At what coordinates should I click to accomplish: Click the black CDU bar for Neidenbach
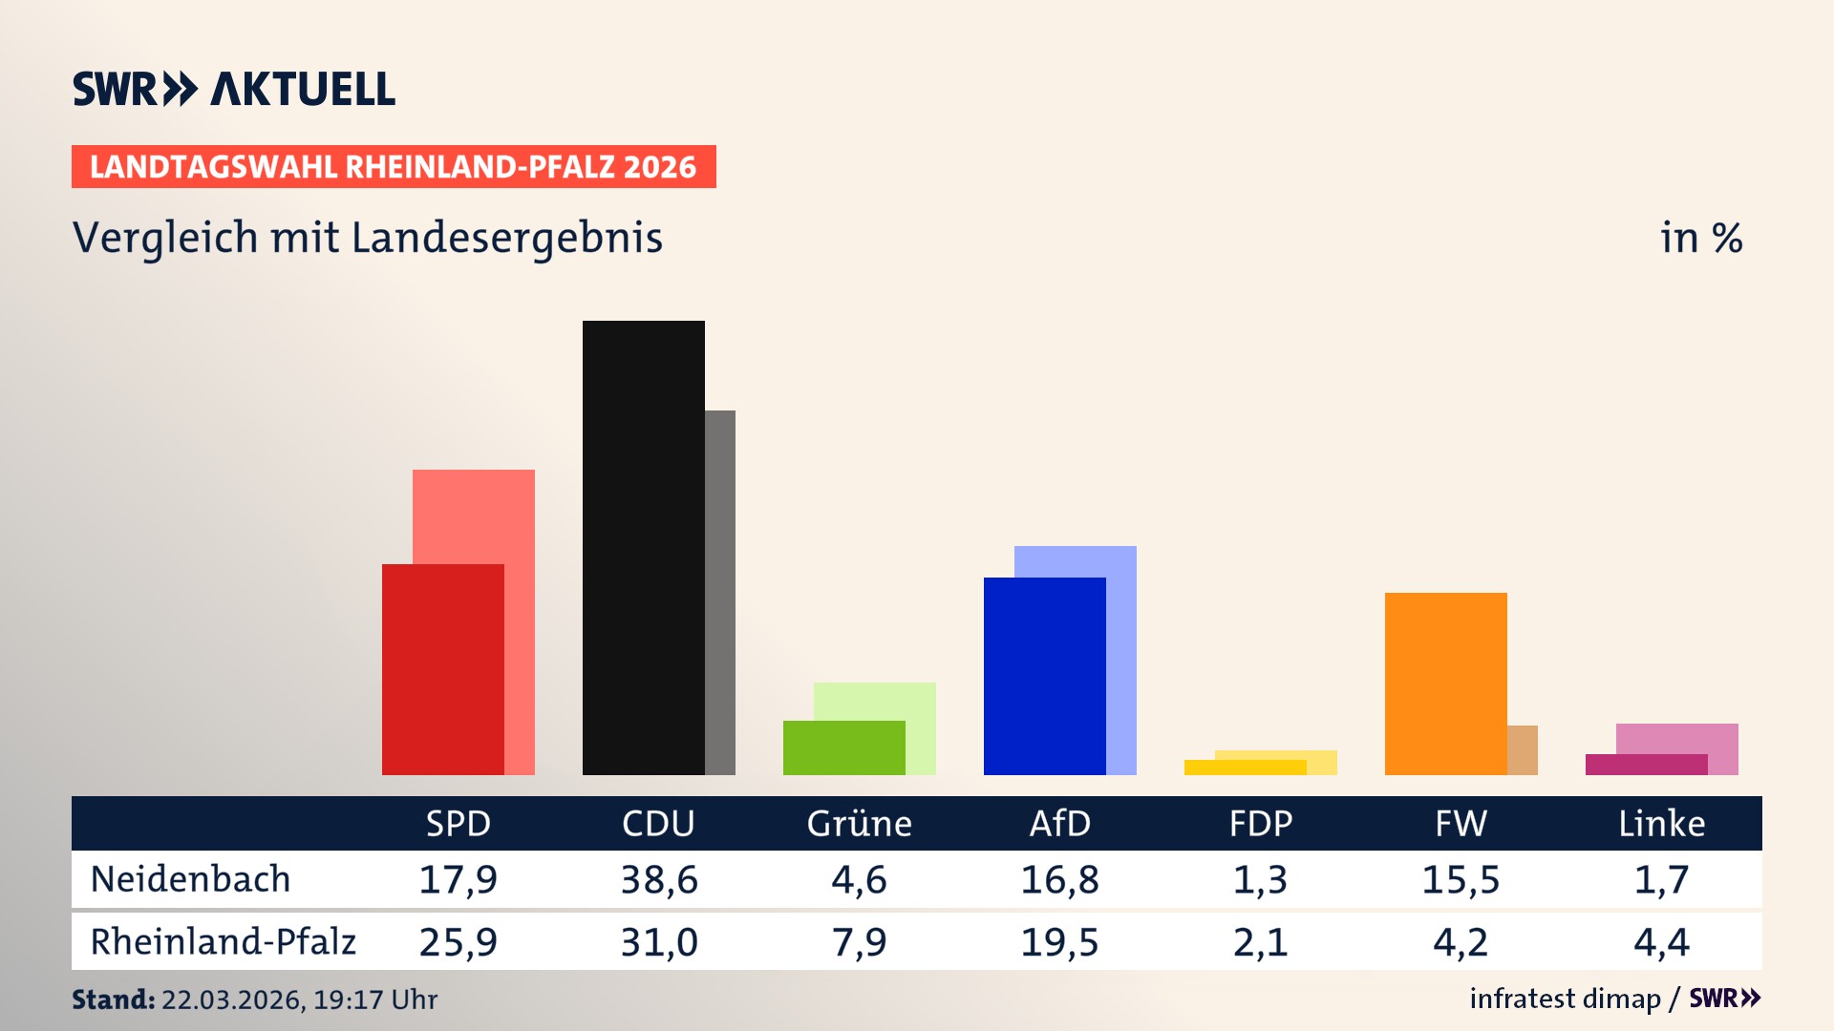[x=643, y=547]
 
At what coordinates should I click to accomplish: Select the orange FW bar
[x=1445, y=683]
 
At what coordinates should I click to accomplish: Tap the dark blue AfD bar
[x=1044, y=676]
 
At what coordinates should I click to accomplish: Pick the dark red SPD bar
[x=442, y=668]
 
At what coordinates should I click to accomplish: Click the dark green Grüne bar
[x=843, y=747]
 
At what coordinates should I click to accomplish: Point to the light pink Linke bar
[x=1676, y=738]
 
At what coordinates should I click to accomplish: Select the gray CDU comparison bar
[x=720, y=592]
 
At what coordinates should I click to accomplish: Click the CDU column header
[x=658, y=824]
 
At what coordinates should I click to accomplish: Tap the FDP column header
[x=1260, y=824]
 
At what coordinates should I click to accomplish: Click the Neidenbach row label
[x=190, y=879]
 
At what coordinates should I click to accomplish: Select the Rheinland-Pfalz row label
[x=223, y=942]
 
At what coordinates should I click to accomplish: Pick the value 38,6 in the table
[x=658, y=879]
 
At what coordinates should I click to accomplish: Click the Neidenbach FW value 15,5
[x=1461, y=879]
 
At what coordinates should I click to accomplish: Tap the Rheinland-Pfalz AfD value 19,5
[x=1059, y=942]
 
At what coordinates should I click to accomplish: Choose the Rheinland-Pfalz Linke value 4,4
[x=1661, y=942]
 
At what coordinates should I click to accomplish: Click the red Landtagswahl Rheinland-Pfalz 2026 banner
[x=394, y=167]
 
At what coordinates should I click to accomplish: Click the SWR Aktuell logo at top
[x=234, y=89]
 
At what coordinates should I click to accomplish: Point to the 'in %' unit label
[x=1701, y=239]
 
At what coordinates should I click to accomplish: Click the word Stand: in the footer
[x=113, y=999]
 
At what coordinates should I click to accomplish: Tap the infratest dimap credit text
[x=1565, y=999]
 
